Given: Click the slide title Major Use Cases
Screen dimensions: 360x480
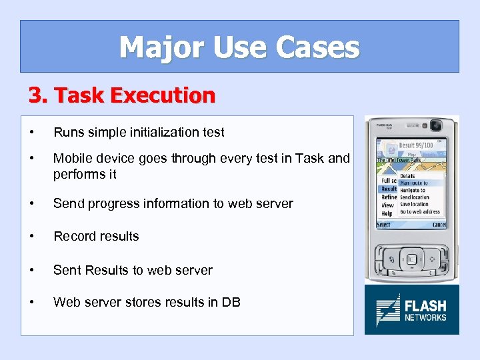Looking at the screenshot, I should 239,47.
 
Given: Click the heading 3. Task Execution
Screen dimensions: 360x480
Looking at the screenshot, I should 122,95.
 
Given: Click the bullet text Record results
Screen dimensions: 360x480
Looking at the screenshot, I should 96,236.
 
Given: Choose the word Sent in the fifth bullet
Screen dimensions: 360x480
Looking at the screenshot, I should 66,270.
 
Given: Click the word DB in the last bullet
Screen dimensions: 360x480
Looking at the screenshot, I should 231,302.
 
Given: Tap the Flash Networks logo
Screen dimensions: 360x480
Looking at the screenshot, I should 411,310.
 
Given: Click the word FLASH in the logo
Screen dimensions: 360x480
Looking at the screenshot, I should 425,306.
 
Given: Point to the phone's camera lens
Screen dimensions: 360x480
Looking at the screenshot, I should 437,125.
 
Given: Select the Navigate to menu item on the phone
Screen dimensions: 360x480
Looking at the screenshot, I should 413,190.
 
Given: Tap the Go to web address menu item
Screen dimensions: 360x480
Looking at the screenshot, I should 420,212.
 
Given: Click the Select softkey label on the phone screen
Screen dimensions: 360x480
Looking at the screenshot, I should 384,225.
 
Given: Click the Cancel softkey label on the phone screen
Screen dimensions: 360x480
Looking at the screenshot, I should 439,225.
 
